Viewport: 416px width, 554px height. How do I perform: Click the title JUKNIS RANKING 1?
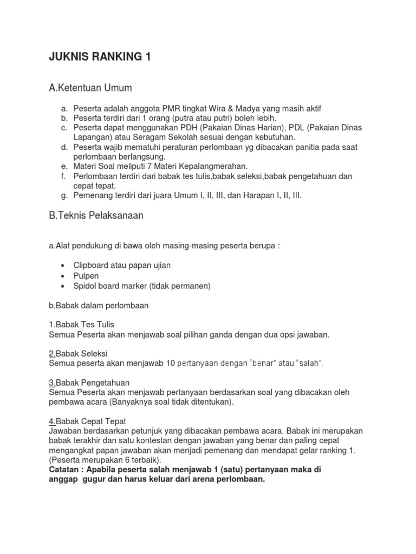point(100,57)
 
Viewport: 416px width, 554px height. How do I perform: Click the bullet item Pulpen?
point(86,275)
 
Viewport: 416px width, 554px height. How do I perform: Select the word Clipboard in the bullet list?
point(92,266)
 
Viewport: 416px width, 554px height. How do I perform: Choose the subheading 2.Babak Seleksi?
point(79,354)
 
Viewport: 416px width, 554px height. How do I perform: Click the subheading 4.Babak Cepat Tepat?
point(87,421)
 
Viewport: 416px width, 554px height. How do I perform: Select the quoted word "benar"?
point(263,364)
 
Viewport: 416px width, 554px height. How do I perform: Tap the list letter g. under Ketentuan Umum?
point(63,196)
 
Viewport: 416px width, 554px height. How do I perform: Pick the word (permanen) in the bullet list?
point(191,286)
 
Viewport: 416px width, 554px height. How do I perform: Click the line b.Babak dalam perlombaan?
point(99,305)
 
